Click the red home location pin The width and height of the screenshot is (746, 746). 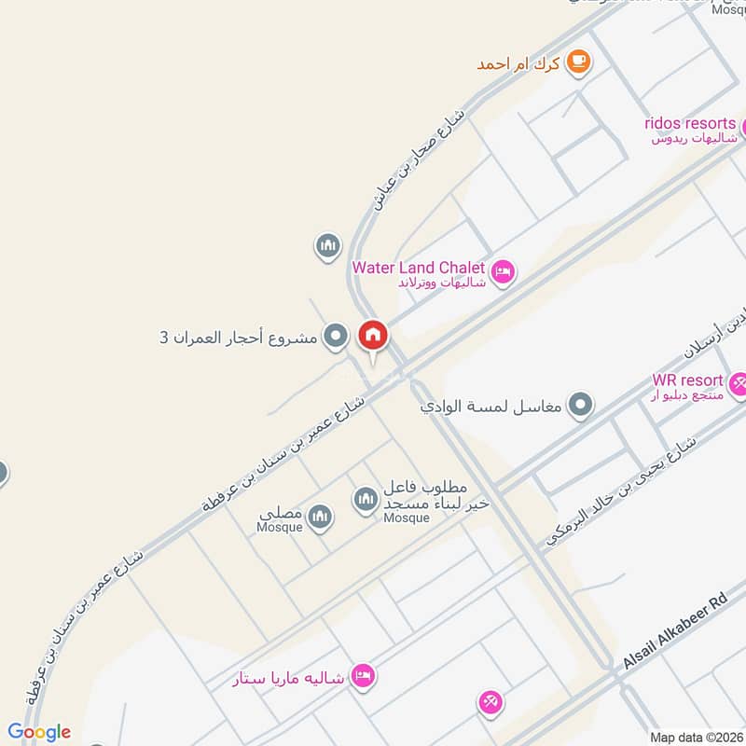pyautogui.click(x=372, y=336)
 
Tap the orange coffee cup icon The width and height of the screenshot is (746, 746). pyautogui.click(x=579, y=62)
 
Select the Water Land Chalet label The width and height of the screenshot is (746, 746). pyautogui.click(x=419, y=269)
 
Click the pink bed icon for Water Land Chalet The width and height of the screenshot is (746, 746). pyautogui.click(x=503, y=271)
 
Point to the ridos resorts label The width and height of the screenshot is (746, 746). pyautogui.click(x=689, y=124)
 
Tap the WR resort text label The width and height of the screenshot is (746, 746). pyautogui.click(x=688, y=380)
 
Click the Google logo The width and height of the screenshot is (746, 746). pyautogui.click(x=39, y=732)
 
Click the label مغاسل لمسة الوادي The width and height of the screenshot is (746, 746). pyautogui.click(x=503, y=407)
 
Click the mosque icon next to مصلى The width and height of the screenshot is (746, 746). pyautogui.click(x=320, y=516)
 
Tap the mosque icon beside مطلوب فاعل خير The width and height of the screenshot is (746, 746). pyautogui.click(x=365, y=500)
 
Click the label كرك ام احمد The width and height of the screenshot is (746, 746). pyautogui.click(x=518, y=63)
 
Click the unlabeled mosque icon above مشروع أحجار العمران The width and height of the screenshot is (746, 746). pyautogui.click(x=326, y=247)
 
